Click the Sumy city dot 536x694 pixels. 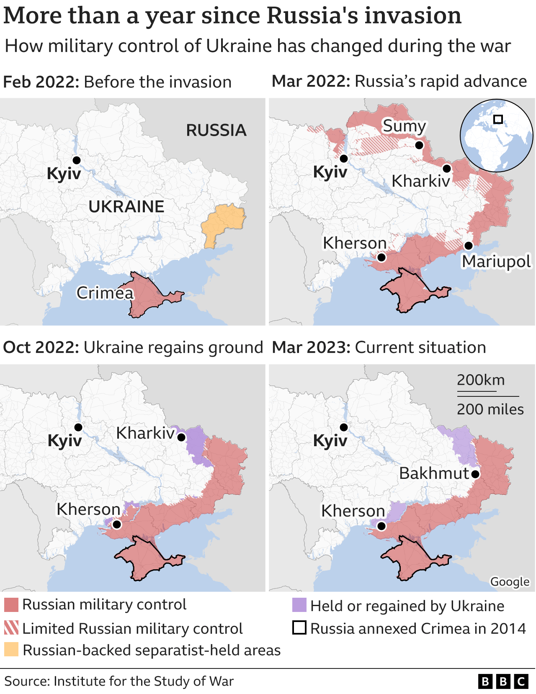point(419,145)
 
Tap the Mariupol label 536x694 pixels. point(496,262)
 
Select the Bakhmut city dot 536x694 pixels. point(475,474)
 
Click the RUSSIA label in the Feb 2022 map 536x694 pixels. point(216,130)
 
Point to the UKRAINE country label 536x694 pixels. point(126,207)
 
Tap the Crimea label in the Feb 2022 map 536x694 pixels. point(105,293)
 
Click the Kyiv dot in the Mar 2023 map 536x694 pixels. point(344,427)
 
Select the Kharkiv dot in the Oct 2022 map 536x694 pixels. point(181,437)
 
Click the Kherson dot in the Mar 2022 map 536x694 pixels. point(381,257)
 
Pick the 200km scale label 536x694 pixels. point(481,380)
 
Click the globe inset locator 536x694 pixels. point(497,135)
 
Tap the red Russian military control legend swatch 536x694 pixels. point(11,605)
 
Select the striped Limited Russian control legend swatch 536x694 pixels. point(11,628)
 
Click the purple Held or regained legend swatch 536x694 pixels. point(299,605)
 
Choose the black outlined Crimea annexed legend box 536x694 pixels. point(299,628)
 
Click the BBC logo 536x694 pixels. point(503,681)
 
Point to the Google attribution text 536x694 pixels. point(510,582)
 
